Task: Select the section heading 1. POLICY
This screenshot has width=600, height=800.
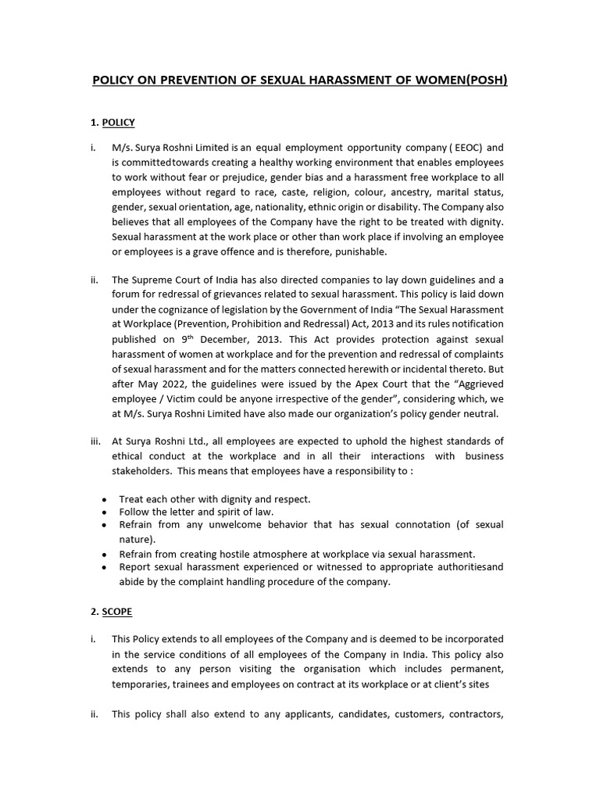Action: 113,123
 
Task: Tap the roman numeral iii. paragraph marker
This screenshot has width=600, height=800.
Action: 95,441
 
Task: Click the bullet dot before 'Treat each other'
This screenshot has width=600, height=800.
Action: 105,499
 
